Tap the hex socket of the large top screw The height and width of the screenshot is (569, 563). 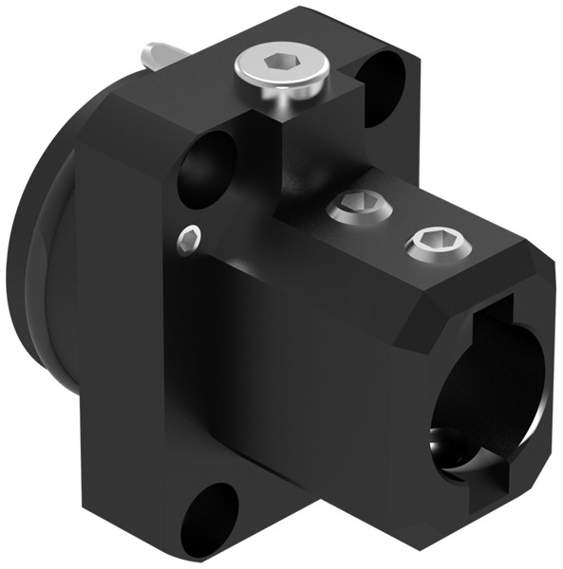[x=282, y=63]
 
